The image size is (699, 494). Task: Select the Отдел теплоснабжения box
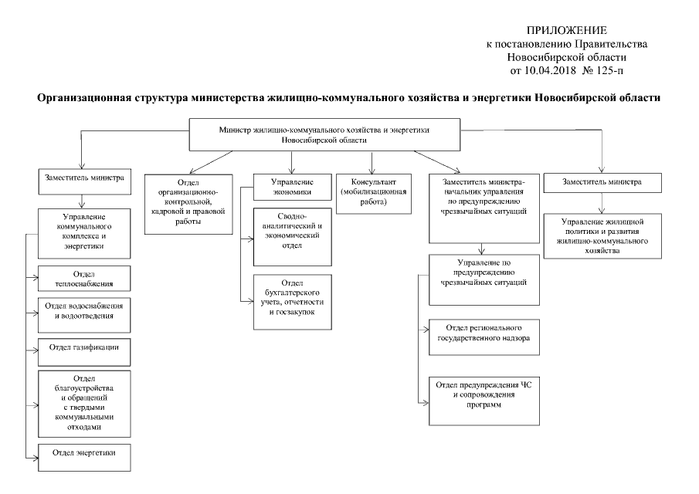click(84, 278)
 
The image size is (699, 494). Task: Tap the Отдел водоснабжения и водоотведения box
click(84, 310)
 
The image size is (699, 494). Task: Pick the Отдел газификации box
click(84, 348)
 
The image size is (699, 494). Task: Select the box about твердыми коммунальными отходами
click(84, 401)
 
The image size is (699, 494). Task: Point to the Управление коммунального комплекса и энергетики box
click(84, 230)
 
